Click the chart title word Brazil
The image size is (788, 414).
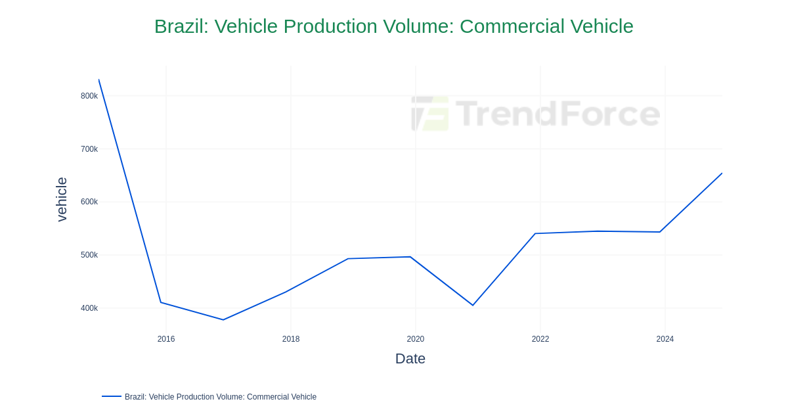181,26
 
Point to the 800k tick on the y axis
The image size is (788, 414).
89,96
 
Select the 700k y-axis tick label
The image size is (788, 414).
89,149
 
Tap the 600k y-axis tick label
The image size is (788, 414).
89,202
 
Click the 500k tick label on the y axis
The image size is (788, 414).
89,255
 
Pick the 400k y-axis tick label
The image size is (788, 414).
89,308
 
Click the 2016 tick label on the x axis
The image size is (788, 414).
166,339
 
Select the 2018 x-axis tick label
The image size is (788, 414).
291,339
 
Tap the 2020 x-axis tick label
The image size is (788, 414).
416,339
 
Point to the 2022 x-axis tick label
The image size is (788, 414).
540,339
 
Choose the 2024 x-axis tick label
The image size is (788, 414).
665,339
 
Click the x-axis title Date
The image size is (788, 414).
410,359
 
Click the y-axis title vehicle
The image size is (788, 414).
62,199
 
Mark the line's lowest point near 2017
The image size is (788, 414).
223,320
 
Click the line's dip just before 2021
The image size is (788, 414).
473,305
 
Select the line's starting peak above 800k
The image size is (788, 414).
99,80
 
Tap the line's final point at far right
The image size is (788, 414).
722,173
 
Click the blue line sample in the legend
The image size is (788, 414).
112,396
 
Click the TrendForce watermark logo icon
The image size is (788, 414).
430,114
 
